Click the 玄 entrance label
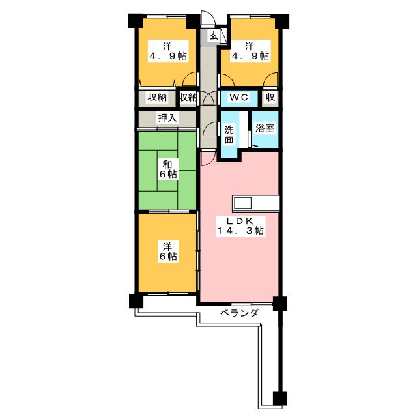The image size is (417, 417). pos(213,36)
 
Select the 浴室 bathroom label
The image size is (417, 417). pos(265,128)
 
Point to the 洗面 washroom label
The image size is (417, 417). pos(229,134)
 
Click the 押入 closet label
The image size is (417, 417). pos(167,118)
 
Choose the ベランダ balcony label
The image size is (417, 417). pos(238,313)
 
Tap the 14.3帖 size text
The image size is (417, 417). pos(240,231)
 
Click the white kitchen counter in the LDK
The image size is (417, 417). pos(256,203)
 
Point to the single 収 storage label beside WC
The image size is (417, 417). pos(270,98)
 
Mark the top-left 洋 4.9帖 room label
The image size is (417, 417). pos(167,51)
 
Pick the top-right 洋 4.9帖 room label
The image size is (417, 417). pos(249,51)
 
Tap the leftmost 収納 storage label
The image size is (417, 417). pos(156,98)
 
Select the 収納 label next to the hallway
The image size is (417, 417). pos(188,98)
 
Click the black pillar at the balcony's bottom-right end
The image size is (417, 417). pos(279,397)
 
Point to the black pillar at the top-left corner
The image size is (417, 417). pos(134,20)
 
